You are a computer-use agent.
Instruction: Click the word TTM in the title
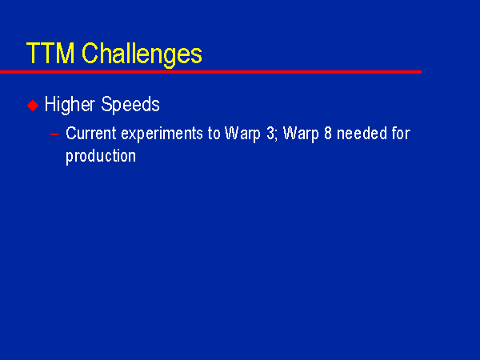point(50,53)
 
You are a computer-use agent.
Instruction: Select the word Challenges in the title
point(142,54)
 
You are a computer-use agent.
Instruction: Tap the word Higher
point(70,105)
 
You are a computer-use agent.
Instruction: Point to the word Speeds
point(130,104)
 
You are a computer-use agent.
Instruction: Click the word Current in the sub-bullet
point(91,134)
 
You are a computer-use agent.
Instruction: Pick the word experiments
point(162,134)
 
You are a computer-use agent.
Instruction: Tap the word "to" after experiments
point(214,134)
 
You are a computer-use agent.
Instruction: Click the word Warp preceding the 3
point(242,134)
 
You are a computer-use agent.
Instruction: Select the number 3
point(270,134)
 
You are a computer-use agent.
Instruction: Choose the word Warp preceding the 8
point(301,134)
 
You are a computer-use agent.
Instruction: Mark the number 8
point(328,134)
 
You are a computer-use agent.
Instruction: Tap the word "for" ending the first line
point(401,134)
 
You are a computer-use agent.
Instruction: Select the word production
point(101,157)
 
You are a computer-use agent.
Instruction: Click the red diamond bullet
point(33,106)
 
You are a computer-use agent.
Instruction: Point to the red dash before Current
point(54,134)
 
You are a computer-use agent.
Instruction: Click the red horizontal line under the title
point(210,72)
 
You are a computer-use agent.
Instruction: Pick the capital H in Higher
point(50,104)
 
